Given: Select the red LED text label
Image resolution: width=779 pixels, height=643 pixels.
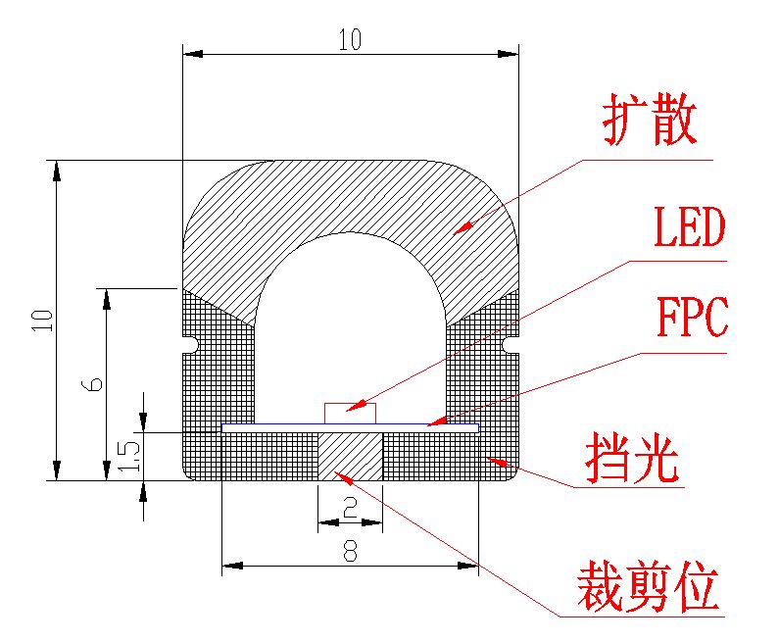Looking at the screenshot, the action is [x=689, y=227].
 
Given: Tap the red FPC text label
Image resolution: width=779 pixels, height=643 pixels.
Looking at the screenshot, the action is [x=693, y=316].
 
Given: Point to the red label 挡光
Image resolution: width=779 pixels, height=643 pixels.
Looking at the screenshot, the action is [x=632, y=458].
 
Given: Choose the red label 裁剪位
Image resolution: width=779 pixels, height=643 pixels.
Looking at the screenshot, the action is [x=648, y=586].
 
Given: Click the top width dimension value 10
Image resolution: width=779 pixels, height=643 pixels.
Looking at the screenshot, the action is [x=350, y=40].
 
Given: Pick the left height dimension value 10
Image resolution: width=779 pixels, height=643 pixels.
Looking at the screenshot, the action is [x=42, y=321].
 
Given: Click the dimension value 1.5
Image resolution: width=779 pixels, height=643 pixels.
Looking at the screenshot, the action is [x=129, y=456].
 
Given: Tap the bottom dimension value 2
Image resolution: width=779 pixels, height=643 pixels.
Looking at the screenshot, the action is [x=350, y=508].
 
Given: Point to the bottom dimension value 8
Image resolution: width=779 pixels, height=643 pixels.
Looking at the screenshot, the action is [x=350, y=551].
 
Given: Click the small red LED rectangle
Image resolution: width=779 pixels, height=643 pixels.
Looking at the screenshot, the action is [x=350, y=414].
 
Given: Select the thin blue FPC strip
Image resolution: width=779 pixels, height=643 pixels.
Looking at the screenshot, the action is [x=350, y=427].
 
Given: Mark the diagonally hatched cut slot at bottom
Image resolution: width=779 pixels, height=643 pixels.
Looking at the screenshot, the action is [x=350, y=456].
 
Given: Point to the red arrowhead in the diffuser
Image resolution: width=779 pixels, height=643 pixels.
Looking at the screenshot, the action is [x=463, y=227].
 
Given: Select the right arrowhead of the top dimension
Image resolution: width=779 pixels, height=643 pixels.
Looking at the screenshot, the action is [x=509, y=54].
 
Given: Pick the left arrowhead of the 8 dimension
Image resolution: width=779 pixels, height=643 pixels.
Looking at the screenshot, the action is [x=232, y=566].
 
